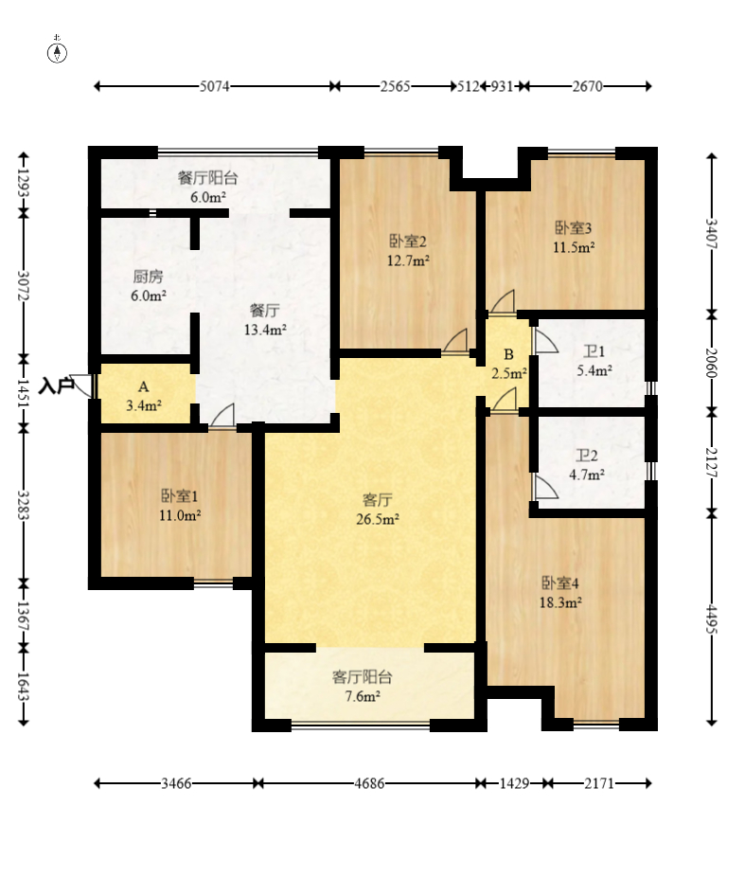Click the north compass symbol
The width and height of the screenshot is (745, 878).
[x=57, y=51]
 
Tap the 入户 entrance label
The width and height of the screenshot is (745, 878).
[x=57, y=385]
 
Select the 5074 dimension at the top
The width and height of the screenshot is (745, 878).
[x=215, y=86]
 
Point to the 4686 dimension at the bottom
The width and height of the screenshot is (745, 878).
[x=369, y=783]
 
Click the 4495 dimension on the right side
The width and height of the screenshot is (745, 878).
[x=712, y=618]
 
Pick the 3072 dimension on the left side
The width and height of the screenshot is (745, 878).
[x=24, y=286]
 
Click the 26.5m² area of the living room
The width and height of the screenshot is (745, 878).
[x=378, y=519]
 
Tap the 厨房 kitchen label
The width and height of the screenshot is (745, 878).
[x=149, y=276]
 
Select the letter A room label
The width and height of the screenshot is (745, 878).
[x=144, y=387]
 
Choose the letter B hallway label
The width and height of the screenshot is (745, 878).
[x=508, y=354]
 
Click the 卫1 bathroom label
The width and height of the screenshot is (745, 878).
[x=594, y=351]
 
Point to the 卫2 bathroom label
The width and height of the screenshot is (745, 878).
[x=587, y=456]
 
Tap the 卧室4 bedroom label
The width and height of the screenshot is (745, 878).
[x=559, y=583]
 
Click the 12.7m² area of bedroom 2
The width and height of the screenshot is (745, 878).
[x=409, y=260]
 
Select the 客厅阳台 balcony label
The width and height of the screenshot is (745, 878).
[x=363, y=677]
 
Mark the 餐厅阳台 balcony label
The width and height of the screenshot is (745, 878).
[x=208, y=177]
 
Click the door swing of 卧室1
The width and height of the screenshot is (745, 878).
[x=222, y=417]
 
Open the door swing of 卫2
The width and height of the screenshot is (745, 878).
[x=545, y=488]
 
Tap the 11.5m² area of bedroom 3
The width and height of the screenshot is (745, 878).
[x=574, y=247]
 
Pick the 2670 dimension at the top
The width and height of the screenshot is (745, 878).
[x=588, y=86]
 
